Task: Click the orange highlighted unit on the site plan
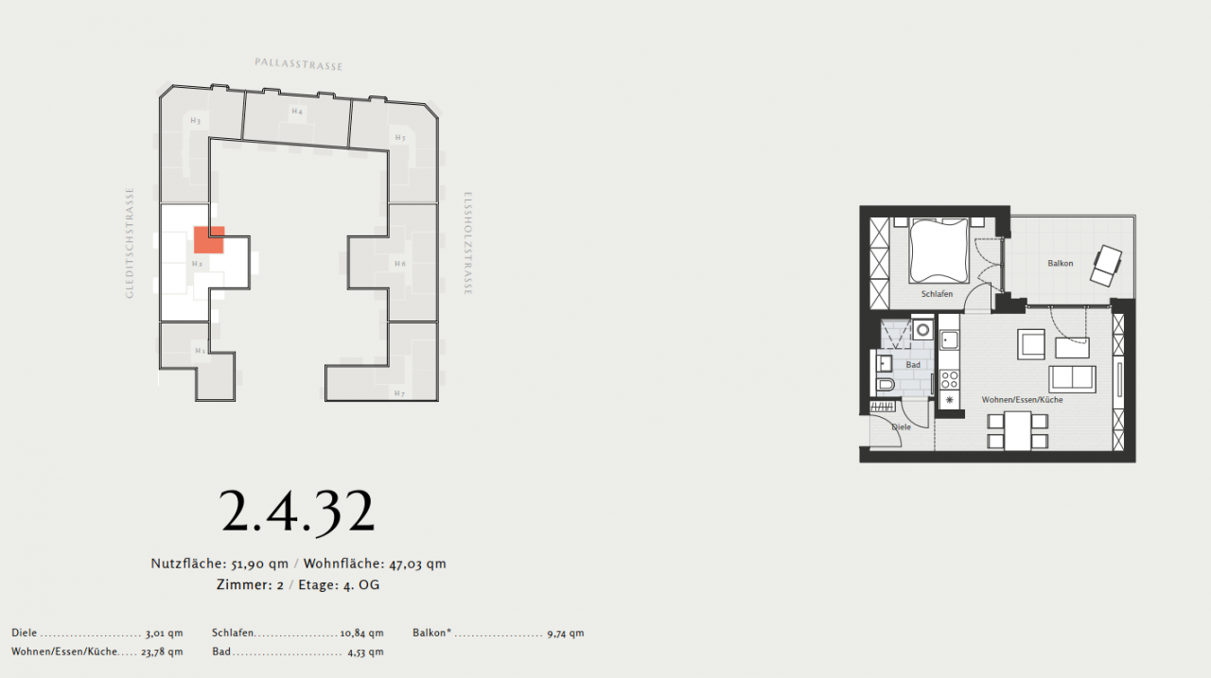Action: point(208,240)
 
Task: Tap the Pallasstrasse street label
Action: point(298,64)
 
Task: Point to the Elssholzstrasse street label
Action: point(467,244)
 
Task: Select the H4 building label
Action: point(297,112)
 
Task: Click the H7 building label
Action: point(399,392)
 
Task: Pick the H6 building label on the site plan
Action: point(399,264)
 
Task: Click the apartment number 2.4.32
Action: point(298,512)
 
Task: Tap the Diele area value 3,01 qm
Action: point(164,633)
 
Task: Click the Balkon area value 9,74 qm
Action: point(565,633)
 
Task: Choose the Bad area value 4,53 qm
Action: point(365,652)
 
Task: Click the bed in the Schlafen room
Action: point(939,251)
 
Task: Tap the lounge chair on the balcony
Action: point(1105,265)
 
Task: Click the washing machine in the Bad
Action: point(922,331)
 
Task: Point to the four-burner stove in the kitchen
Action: point(949,380)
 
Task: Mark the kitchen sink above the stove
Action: point(949,339)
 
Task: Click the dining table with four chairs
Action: point(1017,431)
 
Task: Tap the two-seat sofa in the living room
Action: point(1072,378)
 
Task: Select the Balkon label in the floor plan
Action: point(1060,263)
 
